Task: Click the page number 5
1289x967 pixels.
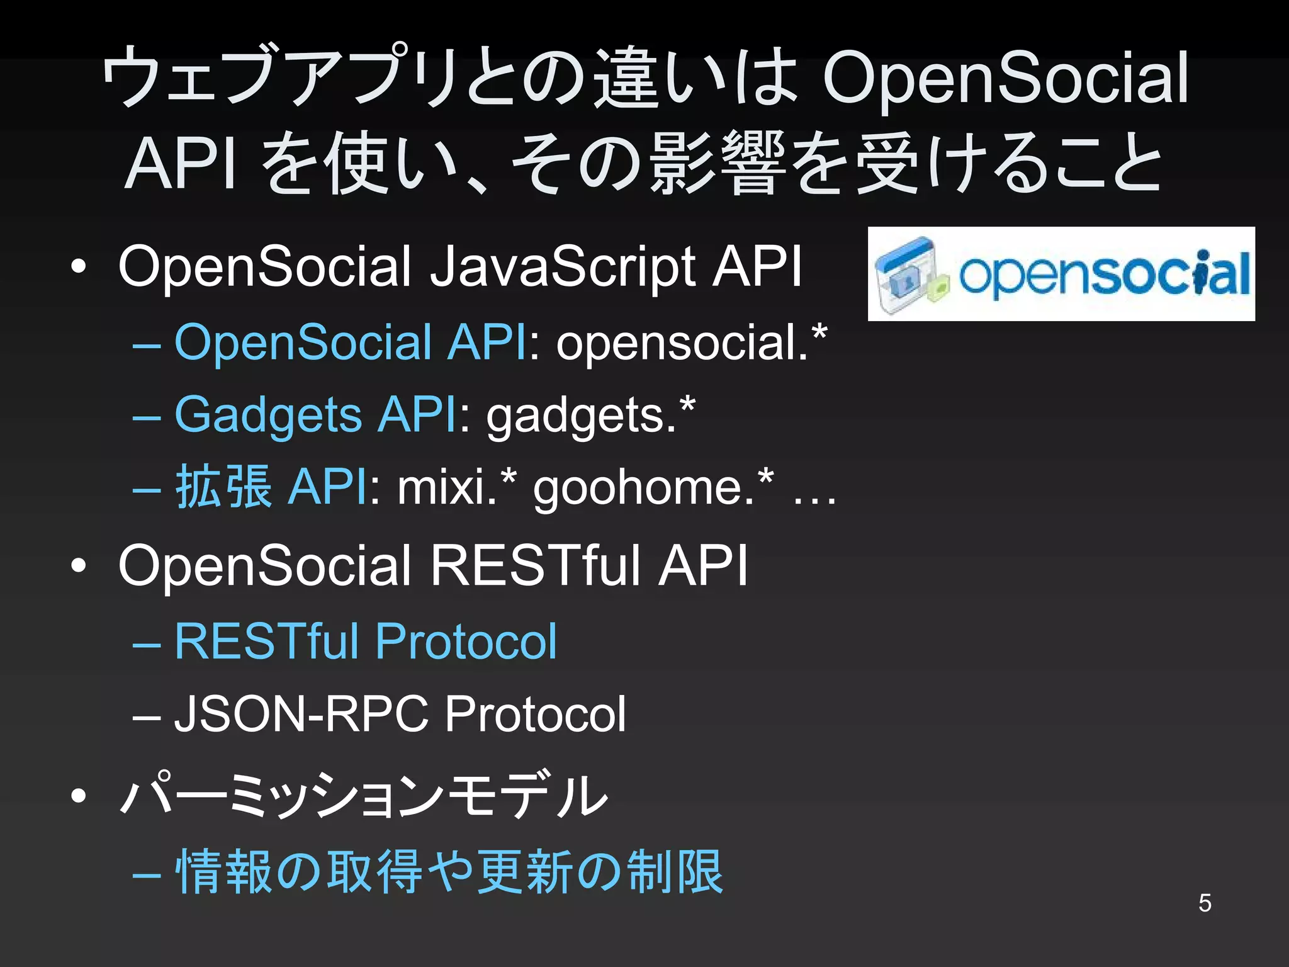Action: [x=1205, y=903]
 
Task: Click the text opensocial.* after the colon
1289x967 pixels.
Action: [x=691, y=343]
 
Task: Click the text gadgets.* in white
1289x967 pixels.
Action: [x=590, y=416]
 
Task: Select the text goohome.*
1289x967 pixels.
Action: [x=653, y=488]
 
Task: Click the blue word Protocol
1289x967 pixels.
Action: [x=466, y=642]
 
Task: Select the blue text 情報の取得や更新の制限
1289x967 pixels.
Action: [x=449, y=872]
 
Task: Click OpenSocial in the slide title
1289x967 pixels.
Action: [x=1005, y=79]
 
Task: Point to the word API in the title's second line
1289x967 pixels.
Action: [x=181, y=164]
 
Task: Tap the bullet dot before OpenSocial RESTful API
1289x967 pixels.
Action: [x=79, y=565]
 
